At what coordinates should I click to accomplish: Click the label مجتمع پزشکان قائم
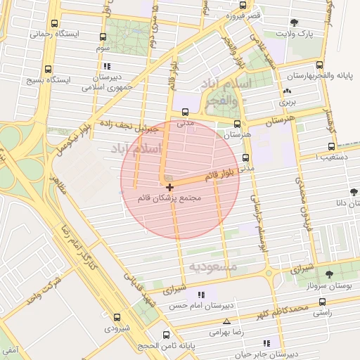coord(170,198)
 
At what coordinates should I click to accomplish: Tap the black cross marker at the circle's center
coord(170,186)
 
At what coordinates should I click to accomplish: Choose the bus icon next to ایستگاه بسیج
coord(48,70)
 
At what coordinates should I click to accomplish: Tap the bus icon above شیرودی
coord(117,317)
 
